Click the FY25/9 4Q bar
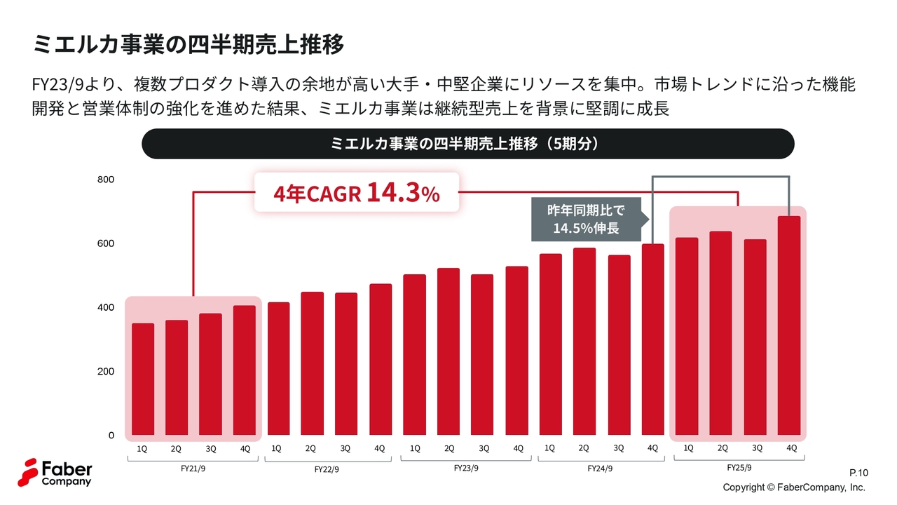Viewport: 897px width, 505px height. click(789, 326)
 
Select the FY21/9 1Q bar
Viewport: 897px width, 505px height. click(143, 379)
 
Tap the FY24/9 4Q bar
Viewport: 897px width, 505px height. click(653, 339)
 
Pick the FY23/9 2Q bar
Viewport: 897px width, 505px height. click(448, 352)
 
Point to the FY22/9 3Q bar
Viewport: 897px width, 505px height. click(346, 364)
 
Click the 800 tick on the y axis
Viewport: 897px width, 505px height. click(105, 180)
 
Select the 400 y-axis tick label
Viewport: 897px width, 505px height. click(105, 308)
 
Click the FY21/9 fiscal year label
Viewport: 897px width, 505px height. click(193, 469)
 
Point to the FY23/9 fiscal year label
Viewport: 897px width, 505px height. click(466, 469)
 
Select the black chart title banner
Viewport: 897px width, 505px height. click(467, 144)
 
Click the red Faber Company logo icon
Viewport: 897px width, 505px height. click(29, 473)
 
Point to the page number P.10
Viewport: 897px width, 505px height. click(858, 473)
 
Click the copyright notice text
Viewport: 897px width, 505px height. click(794, 487)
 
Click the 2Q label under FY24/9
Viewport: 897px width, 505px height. click(584, 448)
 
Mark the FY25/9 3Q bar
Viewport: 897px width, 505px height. click(755, 337)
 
